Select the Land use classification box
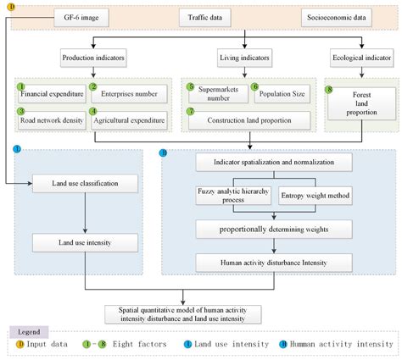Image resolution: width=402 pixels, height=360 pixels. click(x=86, y=183)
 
